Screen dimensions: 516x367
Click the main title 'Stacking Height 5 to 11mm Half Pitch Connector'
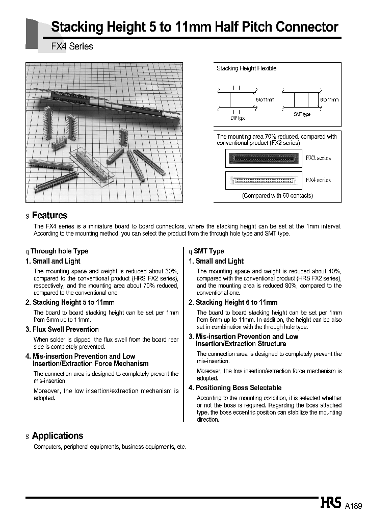(x=195, y=27)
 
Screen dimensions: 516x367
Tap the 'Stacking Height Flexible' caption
(x=246, y=68)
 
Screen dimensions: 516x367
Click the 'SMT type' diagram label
(x=301, y=114)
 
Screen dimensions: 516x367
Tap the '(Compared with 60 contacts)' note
(x=277, y=195)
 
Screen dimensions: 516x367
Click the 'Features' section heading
(x=49, y=215)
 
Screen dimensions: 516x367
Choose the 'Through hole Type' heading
(x=59, y=251)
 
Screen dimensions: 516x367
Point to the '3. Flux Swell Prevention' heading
(x=62, y=329)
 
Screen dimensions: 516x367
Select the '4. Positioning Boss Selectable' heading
(x=235, y=388)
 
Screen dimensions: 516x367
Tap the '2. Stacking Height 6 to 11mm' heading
(x=233, y=302)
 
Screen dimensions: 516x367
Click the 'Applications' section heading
(x=57, y=435)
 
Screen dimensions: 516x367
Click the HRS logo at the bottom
(x=331, y=503)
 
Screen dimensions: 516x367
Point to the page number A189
(x=353, y=506)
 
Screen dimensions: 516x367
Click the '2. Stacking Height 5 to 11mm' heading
(x=70, y=302)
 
